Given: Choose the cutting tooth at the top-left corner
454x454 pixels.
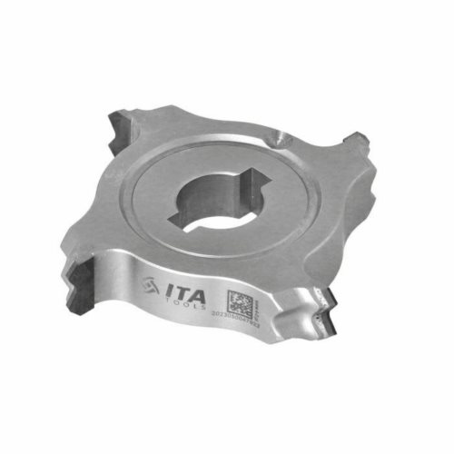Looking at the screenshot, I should click(x=123, y=128).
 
